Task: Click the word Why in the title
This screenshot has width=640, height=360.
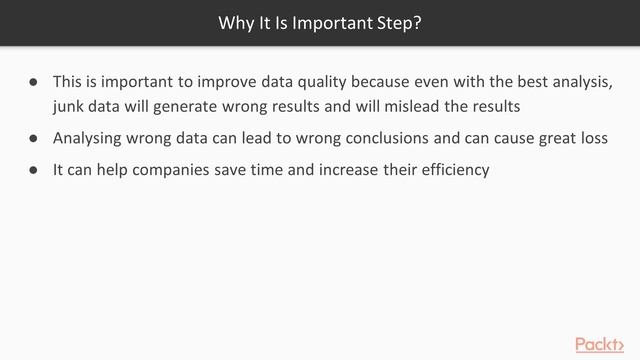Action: [x=234, y=22]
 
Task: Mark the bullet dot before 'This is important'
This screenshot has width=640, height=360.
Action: [x=33, y=80]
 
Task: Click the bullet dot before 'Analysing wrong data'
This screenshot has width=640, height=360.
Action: [x=33, y=138]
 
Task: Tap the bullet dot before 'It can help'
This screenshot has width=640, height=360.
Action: [x=33, y=171]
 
